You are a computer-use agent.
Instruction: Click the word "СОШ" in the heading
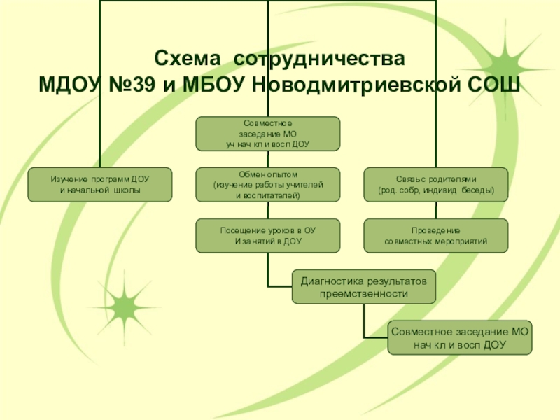pyautogui.click(x=491, y=85)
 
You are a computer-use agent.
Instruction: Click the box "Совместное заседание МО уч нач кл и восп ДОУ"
pyautogui.click(x=267, y=133)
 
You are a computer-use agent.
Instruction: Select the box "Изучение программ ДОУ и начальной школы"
pyautogui.click(x=100, y=185)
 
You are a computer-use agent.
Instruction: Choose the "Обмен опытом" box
pyautogui.click(x=267, y=185)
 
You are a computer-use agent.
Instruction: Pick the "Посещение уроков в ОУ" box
pyautogui.click(x=267, y=236)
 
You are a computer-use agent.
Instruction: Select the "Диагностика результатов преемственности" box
pyautogui.click(x=363, y=287)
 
